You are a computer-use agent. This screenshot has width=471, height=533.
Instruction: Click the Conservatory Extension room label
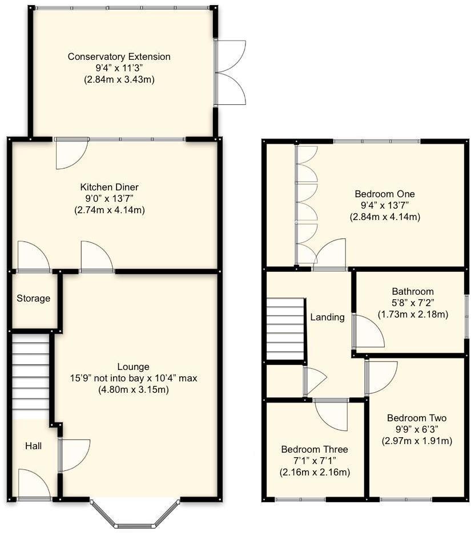[119, 57]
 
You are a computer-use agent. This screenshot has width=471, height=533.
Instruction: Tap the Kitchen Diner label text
[109, 187]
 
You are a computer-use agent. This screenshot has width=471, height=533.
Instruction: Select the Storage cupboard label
[33, 298]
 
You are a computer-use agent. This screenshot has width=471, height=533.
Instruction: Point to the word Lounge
[133, 367]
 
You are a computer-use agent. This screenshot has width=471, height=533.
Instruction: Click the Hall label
[33, 446]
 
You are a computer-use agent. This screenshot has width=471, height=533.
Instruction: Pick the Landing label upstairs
[327, 317]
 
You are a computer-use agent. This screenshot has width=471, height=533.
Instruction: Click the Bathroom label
[412, 291]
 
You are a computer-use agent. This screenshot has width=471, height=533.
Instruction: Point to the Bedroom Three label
[314, 449]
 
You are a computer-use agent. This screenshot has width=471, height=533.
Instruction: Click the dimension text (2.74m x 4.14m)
[109, 210]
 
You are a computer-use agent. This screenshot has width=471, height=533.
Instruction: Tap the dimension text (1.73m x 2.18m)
[412, 314]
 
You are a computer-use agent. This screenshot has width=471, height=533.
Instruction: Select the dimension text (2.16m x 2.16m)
[314, 472]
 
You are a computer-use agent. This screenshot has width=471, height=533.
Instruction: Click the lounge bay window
[135, 515]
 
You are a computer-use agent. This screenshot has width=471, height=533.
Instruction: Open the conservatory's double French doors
[230, 72]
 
